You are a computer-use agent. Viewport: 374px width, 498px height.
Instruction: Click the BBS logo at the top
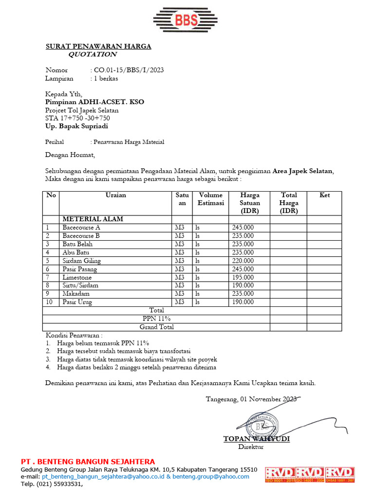187,19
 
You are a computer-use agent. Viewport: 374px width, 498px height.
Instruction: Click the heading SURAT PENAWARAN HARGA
98,46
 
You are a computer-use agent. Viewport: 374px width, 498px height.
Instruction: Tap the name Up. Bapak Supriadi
76,126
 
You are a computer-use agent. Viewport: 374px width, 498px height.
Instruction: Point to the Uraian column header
115,195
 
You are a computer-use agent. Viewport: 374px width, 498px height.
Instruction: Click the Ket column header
324,195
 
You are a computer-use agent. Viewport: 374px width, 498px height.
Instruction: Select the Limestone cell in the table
77,277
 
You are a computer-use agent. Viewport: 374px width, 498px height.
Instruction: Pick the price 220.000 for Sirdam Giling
243,261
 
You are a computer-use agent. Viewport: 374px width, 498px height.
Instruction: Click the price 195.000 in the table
243,277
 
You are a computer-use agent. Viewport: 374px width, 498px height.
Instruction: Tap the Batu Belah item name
77,244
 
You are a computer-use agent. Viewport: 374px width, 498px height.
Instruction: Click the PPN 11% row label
156,319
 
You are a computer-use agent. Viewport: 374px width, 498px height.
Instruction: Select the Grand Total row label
156,327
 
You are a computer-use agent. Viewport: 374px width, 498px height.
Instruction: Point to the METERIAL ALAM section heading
93,219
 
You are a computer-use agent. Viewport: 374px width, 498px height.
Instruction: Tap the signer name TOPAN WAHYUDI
256,439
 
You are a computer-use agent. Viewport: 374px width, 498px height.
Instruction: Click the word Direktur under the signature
250,446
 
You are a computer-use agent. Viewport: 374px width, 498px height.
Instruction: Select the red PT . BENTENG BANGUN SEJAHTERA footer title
88,461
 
